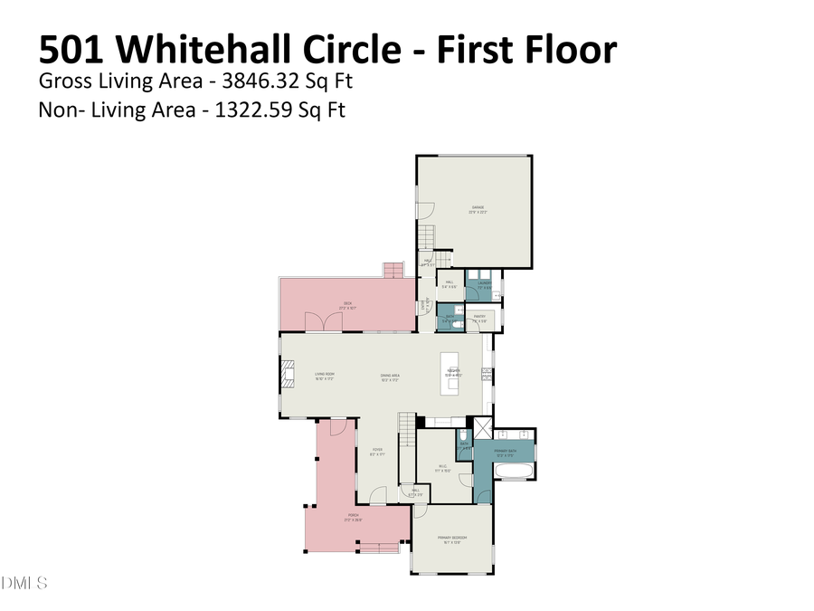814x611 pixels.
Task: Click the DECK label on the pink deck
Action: (346, 305)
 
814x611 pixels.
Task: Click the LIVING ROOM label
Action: (325, 375)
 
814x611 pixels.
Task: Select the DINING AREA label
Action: (390, 375)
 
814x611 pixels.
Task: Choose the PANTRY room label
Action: (480, 318)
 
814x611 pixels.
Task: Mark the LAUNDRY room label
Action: (483, 284)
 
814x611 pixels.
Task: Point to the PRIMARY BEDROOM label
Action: (452, 539)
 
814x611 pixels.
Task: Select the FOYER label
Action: (378, 451)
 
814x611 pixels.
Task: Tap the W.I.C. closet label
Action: (442, 468)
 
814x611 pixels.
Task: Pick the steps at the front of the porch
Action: (377, 547)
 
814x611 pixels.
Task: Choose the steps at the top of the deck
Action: (393, 270)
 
